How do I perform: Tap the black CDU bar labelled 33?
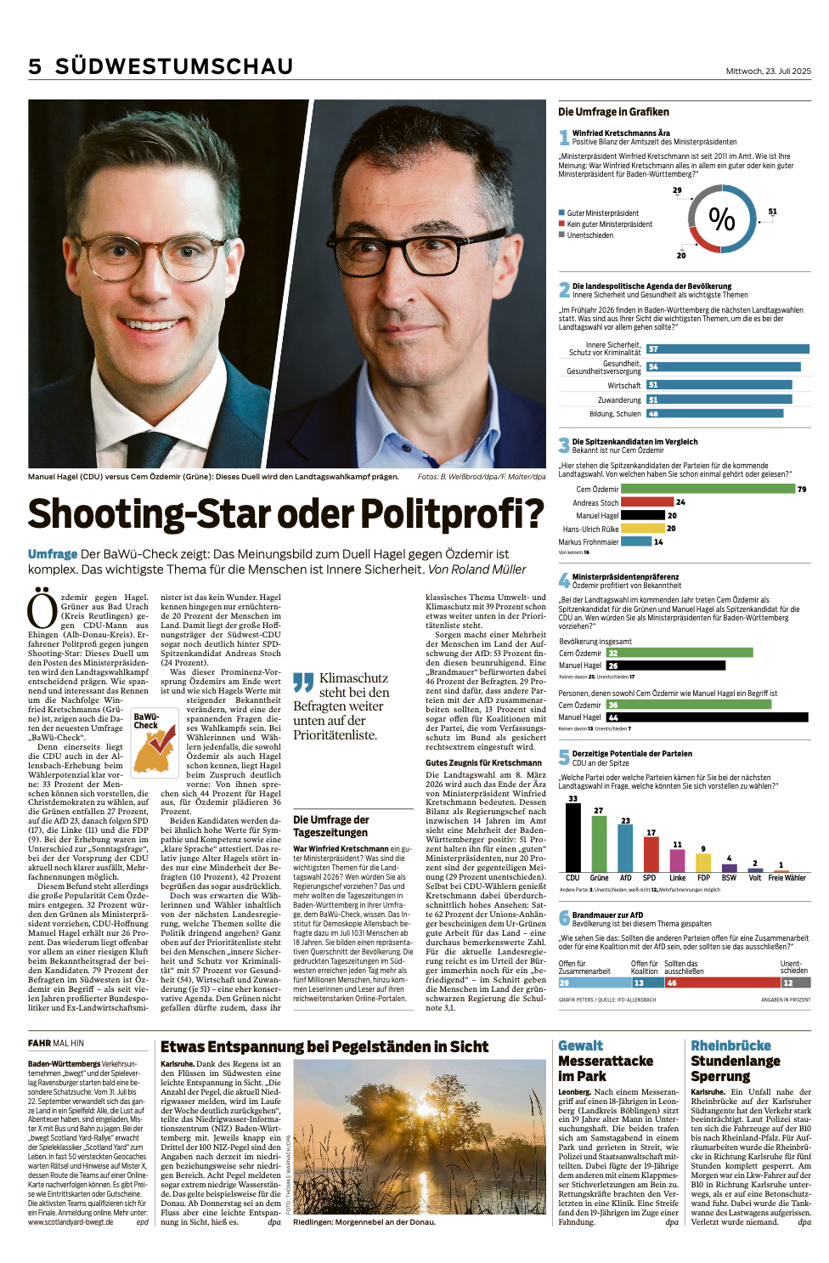572,837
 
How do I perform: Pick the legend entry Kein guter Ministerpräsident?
609,224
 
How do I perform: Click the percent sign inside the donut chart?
722,219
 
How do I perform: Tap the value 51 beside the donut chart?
772,212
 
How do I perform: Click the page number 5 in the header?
35,66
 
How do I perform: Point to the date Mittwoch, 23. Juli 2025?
768,71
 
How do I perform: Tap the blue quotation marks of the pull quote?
302,682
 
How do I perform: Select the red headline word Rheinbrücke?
730,1045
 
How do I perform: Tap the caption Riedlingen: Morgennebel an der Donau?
364,1222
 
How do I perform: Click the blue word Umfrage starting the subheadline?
53,554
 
